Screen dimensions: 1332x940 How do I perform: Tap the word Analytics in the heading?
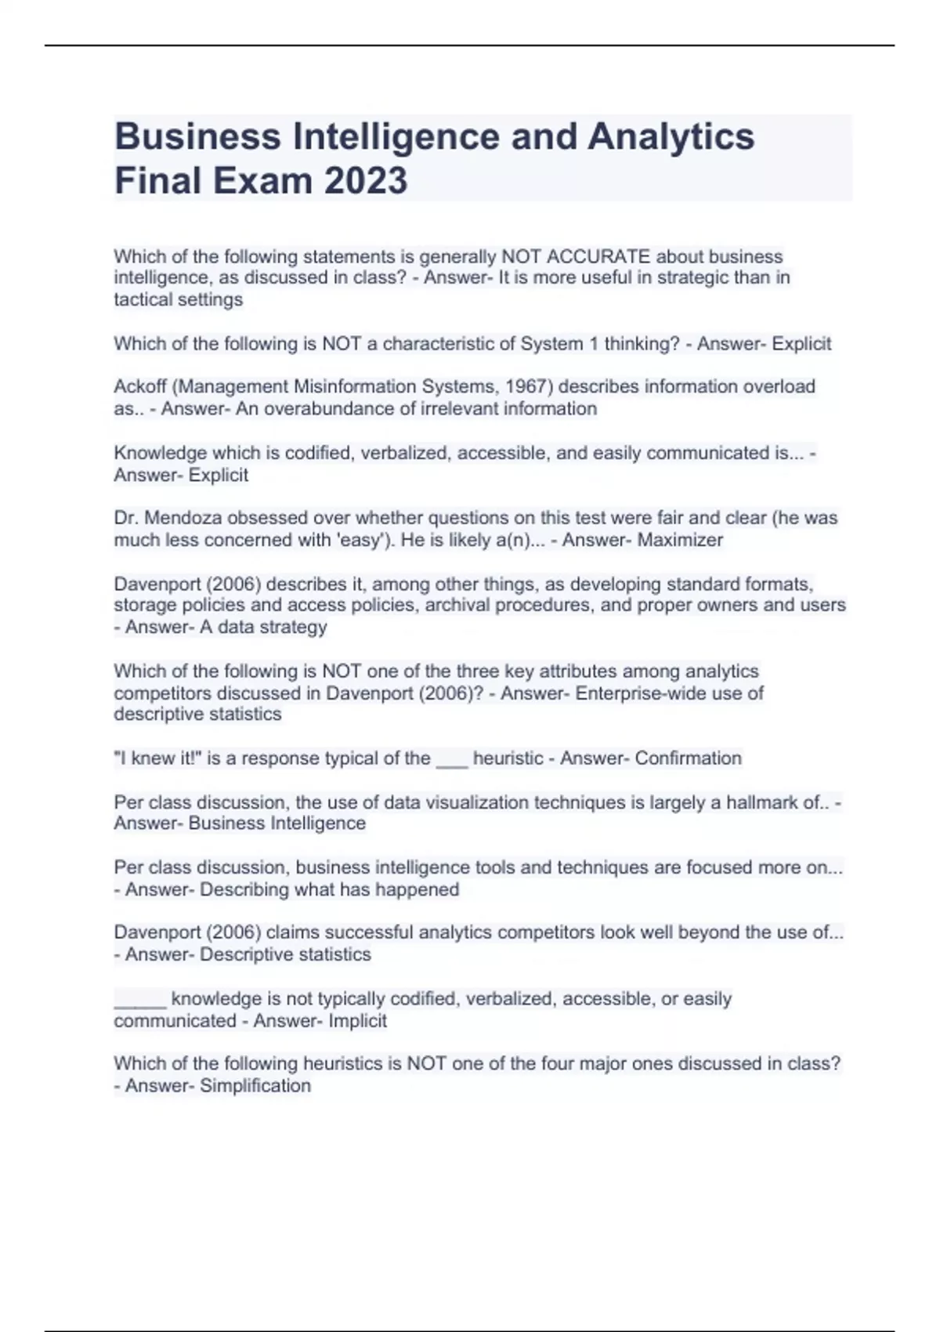click(x=671, y=136)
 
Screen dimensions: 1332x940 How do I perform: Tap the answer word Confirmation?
click(x=688, y=758)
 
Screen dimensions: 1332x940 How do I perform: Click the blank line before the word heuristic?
click(x=451, y=760)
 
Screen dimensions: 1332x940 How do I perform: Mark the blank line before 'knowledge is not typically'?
click(x=140, y=1001)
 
